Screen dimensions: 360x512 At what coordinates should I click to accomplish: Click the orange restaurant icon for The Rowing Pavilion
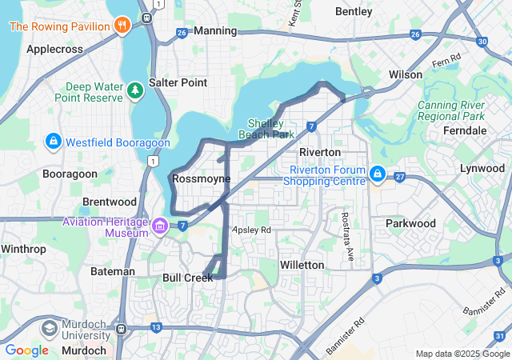(122, 26)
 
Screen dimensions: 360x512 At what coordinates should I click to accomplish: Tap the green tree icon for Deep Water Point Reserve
(135, 89)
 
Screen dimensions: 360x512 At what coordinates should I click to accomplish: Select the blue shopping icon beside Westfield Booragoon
(53, 142)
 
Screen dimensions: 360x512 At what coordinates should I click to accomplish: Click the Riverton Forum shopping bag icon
(377, 174)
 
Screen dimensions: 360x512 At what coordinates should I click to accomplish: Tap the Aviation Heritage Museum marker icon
(161, 226)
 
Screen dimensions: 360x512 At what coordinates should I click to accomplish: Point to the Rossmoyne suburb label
(201, 178)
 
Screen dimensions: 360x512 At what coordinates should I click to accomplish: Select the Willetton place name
(302, 265)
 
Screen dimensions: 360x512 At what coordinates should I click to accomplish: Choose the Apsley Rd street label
(252, 230)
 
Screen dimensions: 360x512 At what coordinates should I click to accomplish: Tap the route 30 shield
(481, 42)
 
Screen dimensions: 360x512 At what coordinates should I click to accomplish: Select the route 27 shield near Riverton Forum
(400, 177)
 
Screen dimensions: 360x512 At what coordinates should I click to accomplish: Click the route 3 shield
(376, 278)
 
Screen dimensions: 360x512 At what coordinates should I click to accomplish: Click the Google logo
(27, 350)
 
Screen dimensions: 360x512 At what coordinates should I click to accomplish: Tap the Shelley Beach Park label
(266, 128)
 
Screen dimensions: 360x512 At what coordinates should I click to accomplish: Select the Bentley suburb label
(354, 12)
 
